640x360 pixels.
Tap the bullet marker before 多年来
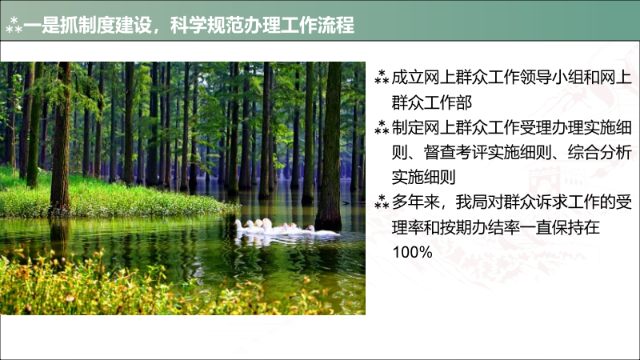coord(382,202)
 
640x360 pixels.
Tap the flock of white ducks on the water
coord(284,228)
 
